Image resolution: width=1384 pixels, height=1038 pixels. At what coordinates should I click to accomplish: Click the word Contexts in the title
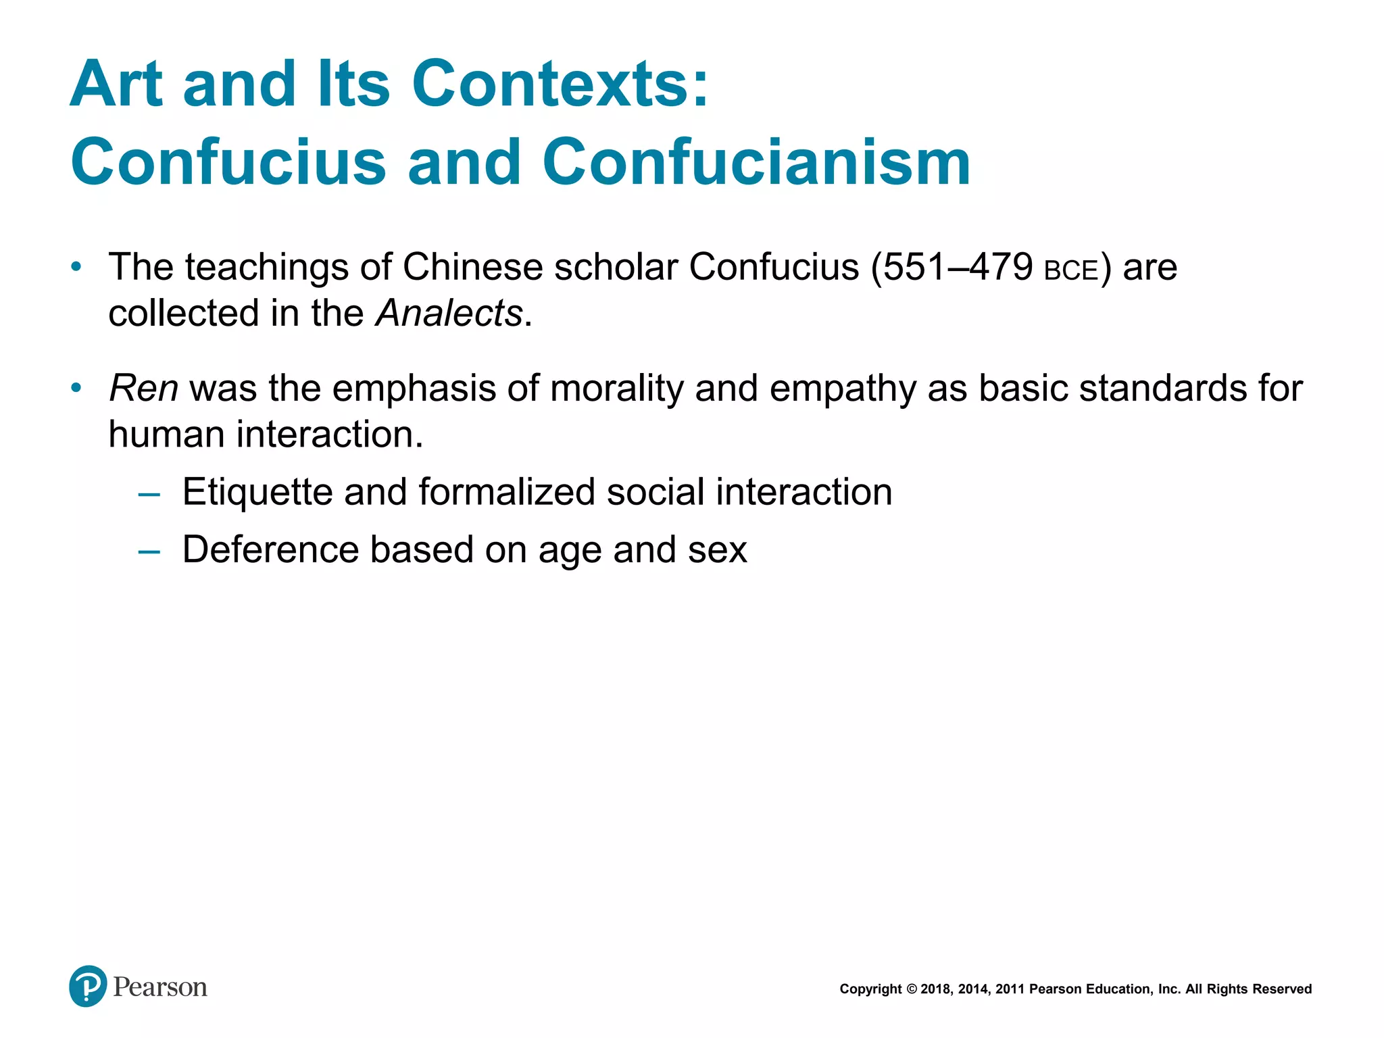560,84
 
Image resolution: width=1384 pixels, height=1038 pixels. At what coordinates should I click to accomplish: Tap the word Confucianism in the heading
756,163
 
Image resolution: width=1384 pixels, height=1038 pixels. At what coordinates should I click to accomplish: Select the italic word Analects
449,314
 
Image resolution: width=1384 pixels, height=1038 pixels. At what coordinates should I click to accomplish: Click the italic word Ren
143,389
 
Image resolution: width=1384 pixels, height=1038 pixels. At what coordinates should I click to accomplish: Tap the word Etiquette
257,492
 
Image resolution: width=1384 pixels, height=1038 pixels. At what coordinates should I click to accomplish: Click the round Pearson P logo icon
88,987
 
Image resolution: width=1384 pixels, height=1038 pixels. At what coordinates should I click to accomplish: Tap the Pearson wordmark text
160,987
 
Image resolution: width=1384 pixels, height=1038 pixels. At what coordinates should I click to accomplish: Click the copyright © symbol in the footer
911,989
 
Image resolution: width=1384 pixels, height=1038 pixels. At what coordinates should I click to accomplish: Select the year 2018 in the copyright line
936,989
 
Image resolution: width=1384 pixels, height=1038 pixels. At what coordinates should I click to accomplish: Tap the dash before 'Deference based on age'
149,551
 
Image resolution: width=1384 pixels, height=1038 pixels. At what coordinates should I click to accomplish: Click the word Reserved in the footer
1282,989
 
